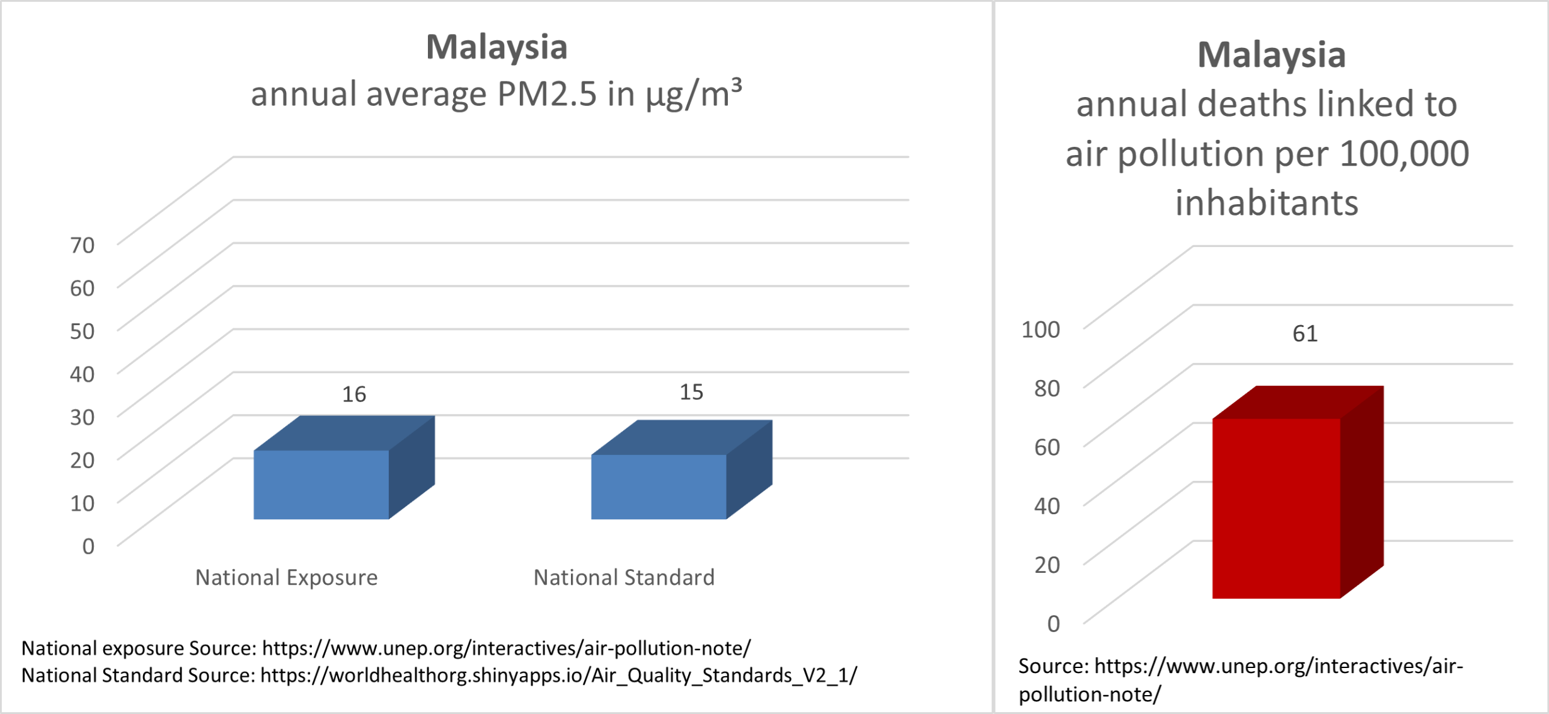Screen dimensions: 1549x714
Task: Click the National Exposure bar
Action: click(x=343, y=468)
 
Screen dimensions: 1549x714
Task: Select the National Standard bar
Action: click(x=681, y=469)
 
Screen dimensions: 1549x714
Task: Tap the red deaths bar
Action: click(x=1298, y=492)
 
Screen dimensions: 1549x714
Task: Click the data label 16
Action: click(x=354, y=394)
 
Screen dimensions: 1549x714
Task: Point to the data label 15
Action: click(x=691, y=393)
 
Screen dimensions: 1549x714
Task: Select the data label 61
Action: click(x=1304, y=334)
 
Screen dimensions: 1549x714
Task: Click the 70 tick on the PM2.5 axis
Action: click(x=82, y=245)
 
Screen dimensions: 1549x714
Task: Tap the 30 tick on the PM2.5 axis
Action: click(x=82, y=417)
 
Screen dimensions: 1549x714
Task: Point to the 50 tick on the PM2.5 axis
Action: click(x=82, y=331)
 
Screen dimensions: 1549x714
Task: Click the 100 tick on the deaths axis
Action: click(x=1040, y=329)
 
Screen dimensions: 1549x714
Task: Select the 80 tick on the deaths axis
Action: click(x=1047, y=388)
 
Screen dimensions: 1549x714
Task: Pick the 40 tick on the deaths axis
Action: click(x=1047, y=505)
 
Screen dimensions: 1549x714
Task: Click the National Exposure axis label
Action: click(x=286, y=577)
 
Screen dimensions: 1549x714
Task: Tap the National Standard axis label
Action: click(x=624, y=577)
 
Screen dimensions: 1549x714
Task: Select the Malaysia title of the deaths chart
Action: click(x=1272, y=55)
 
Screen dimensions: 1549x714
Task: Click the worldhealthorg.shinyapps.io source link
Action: click(x=558, y=676)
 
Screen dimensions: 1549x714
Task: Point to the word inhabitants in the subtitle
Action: click(x=1267, y=203)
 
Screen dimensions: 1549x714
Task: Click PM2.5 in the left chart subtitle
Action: click(x=546, y=95)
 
